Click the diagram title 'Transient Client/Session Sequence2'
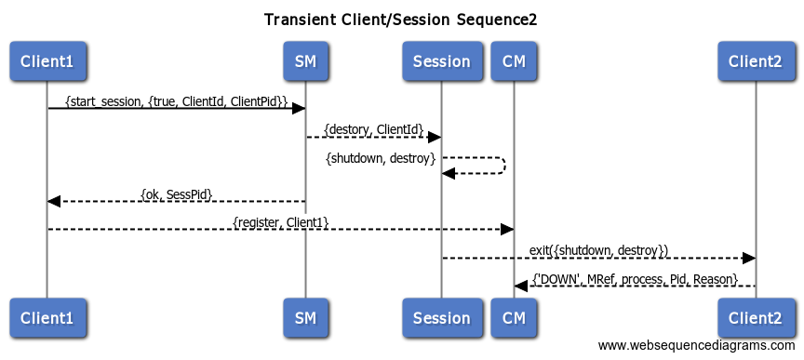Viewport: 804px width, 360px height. pos(400,20)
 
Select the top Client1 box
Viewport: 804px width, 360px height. pos(47,61)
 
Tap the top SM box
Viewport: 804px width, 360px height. pos(305,61)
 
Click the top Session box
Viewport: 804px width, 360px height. pos(441,61)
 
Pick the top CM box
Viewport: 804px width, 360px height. pos(514,61)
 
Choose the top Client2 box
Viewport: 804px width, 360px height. pos(755,61)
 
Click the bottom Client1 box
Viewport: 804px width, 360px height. pos(47,317)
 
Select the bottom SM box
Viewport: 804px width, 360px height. pos(305,317)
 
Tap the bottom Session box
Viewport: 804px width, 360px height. pos(441,317)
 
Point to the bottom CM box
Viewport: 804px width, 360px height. pos(514,317)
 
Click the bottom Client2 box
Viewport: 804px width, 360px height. pos(755,317)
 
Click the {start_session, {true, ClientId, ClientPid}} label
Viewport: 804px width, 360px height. pos(176,100)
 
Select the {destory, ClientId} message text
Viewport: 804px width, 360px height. pos(373,128)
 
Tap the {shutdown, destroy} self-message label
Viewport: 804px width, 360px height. pos(381,158)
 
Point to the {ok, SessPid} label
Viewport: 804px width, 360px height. pos(176,193)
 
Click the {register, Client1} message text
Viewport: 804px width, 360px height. pos(280,221)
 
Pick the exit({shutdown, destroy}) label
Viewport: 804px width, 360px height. pos(598,250)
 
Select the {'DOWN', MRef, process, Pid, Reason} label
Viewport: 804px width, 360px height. pos(635,279)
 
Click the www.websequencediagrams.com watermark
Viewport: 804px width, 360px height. pos(697,346)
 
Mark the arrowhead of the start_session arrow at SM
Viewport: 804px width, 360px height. pos(299,109)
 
